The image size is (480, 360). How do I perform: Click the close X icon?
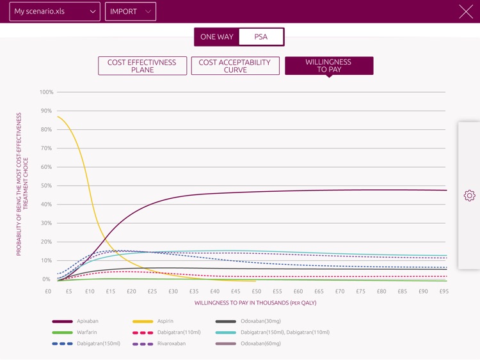465,12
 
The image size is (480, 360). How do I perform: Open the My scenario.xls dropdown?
54,12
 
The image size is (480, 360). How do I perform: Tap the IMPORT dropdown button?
131,12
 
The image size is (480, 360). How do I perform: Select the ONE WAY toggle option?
217,37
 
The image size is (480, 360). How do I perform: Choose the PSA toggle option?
260,37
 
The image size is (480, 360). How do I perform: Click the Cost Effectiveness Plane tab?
142,66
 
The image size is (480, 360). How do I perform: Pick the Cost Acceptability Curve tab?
235,66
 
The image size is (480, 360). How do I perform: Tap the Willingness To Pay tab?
329,66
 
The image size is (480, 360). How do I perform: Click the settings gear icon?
469,196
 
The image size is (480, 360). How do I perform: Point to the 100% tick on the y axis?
47,93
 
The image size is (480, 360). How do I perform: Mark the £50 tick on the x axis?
257,292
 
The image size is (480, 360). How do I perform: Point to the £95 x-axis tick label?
444,292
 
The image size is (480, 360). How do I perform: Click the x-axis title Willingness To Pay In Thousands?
255,303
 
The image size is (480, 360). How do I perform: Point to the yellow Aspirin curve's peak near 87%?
58,116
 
